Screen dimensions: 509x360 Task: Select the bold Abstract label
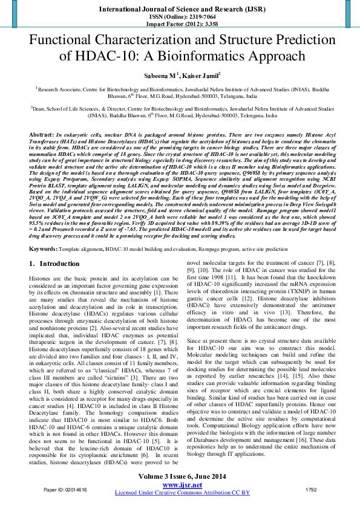42,132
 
